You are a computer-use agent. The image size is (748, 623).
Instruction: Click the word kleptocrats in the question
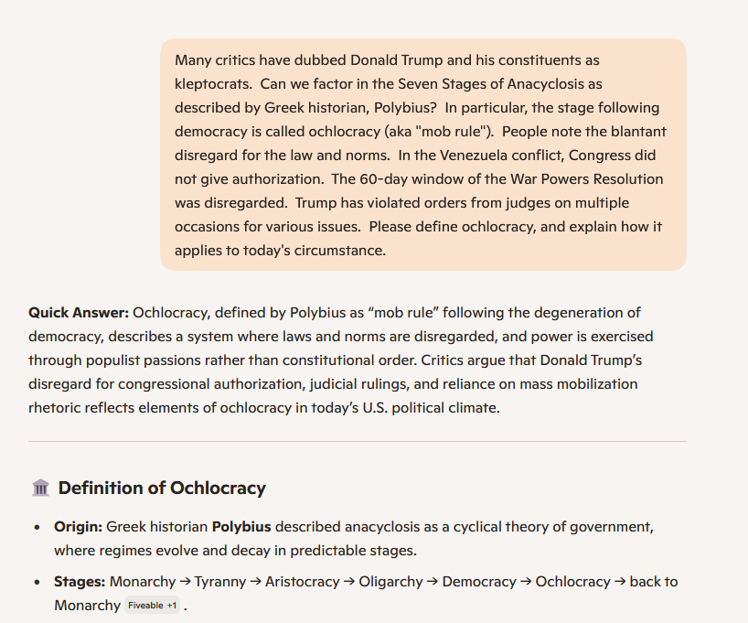211,84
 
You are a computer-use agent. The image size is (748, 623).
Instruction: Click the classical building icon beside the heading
40,489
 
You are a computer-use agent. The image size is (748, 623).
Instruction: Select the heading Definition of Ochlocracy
162,489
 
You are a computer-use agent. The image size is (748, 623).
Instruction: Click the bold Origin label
78,527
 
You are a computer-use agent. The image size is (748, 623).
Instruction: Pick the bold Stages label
80,582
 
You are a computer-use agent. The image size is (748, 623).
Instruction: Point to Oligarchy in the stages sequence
391,582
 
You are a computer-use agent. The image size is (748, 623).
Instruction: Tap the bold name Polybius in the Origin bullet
241,527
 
